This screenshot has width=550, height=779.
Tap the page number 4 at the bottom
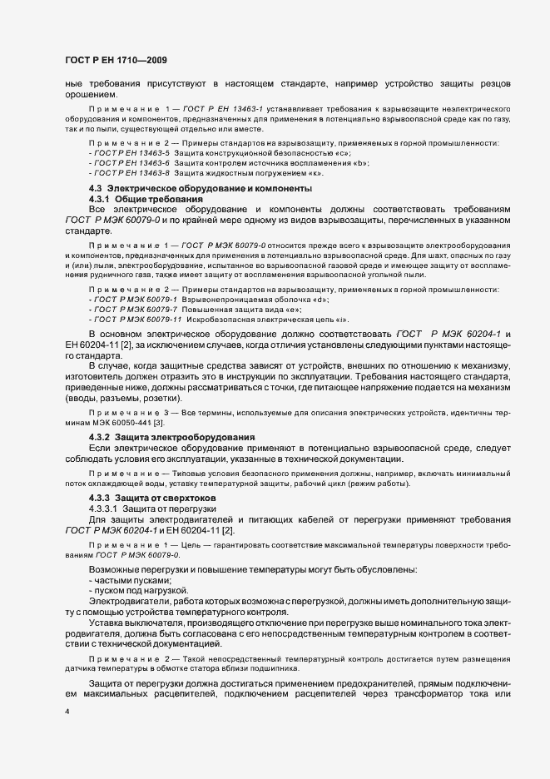(x=67, y=712)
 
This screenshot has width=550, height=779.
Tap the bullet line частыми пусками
(x=132, y=579)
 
